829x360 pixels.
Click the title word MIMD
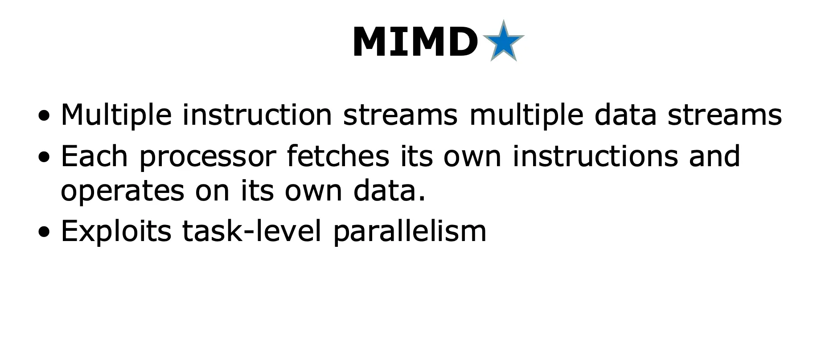415,41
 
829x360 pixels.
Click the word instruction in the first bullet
257,115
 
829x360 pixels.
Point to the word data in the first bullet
625,115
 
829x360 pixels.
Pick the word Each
94,156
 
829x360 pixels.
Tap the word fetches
338,156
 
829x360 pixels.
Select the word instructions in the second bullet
595,156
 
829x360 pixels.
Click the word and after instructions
714,156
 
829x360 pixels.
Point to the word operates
123,192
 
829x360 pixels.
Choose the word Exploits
116,231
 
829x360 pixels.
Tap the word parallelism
410,231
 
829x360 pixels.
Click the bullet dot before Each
45,158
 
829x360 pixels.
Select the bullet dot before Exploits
45,233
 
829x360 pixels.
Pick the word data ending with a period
390,191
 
